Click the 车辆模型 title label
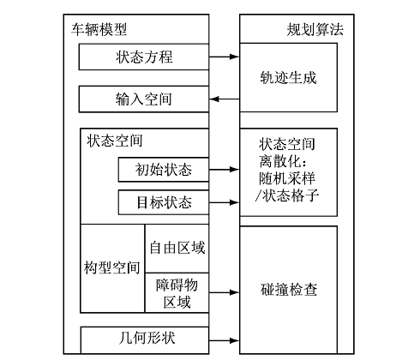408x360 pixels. tap(99, 29)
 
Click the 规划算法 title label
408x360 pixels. tap(315, 29)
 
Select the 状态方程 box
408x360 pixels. tap(144, 57)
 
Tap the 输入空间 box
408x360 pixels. tap(144, 99)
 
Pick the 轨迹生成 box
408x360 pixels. tap(289, 77)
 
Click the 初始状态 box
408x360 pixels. tap(164, 170)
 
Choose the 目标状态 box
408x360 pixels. tap(164, 202)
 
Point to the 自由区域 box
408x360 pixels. tap(177, 249)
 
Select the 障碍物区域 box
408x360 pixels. tap(177, 293)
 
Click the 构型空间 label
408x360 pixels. tap(112, 267)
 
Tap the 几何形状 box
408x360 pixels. tap(145, 340)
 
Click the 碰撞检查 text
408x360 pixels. tap(289, 290)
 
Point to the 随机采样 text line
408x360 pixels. tap(287, 178)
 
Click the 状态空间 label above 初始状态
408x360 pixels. tap(115, 141)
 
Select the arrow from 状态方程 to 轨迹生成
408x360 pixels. tap(225, 57)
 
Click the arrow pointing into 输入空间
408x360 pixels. tap(225, 99)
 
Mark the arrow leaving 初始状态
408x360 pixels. tap(225, 170)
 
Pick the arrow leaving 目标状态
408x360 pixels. tap(225, 202)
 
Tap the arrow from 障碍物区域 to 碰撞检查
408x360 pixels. tap(225, 292)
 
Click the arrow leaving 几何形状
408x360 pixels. tap(225, 340)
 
